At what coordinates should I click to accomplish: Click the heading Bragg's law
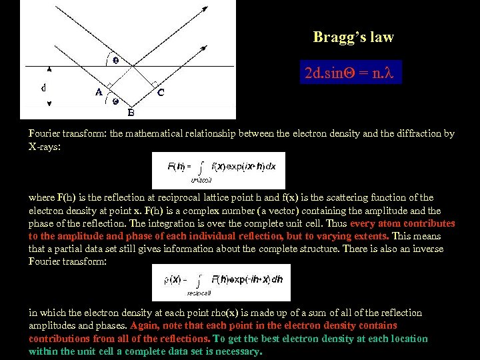(353, 37)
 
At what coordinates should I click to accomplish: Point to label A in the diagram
(99, 93)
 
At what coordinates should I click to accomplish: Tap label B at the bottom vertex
(131, 112)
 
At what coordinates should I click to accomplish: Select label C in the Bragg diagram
(161, 93)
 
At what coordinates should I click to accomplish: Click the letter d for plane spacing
(43, 87)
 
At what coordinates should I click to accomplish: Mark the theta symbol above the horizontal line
(116, 60)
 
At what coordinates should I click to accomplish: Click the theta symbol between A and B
(115, 102)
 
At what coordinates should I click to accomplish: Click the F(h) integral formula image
(218, 170)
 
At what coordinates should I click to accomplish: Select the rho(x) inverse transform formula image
(221, 282)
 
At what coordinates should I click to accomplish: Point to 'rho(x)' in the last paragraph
(221, 313)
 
